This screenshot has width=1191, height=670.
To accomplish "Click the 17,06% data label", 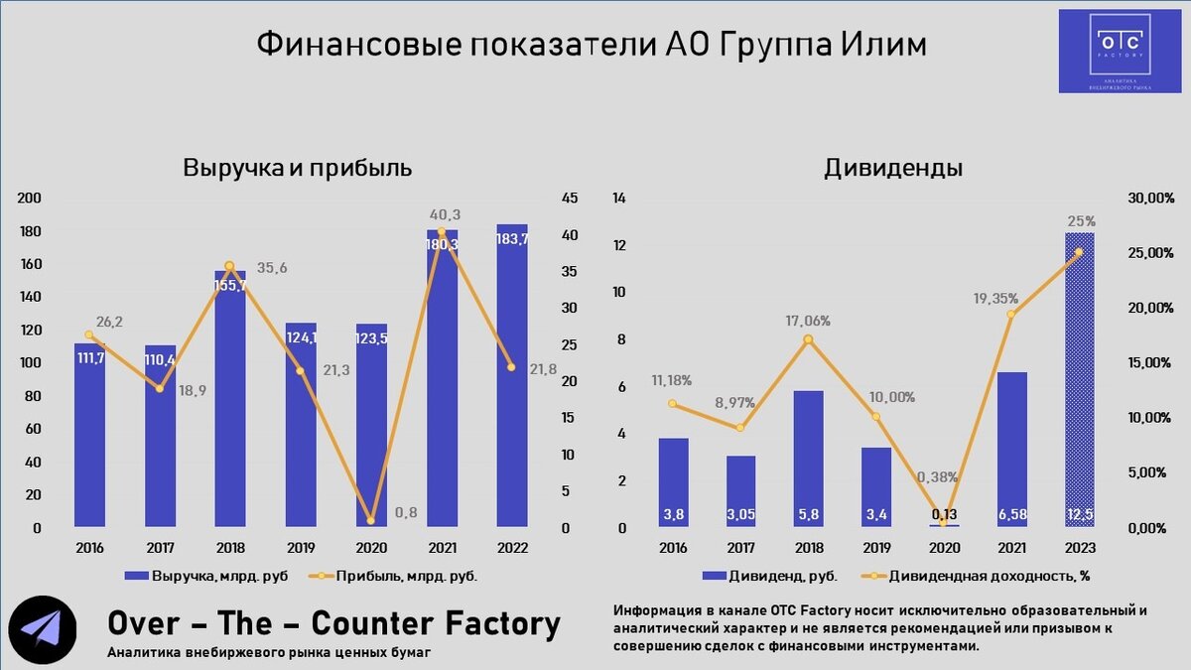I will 809,321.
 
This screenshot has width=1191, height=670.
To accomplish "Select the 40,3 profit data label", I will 445,214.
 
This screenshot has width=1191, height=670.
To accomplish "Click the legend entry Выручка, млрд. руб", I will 206,576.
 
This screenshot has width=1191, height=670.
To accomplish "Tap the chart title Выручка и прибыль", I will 297,167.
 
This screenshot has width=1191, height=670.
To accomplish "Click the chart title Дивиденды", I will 892,167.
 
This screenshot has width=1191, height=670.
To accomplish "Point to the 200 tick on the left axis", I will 30,199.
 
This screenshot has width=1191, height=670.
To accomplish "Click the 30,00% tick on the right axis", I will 1151,199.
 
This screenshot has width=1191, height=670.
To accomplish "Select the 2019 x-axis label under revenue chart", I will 301,548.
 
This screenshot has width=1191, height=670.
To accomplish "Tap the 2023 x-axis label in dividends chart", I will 1079,548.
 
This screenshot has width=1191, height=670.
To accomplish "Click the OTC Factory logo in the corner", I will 1120,52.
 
